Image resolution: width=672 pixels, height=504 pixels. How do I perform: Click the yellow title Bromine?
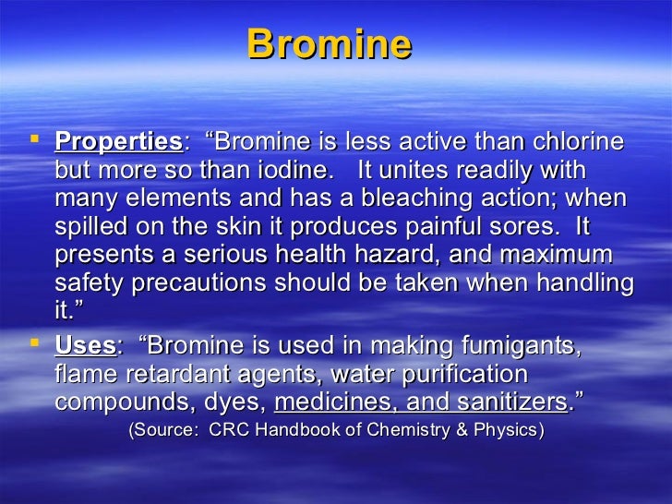click(x=329, y=45)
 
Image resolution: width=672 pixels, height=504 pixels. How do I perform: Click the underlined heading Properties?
click(x=119, y=143)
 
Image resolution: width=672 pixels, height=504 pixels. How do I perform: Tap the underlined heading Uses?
click(x=85, y=346)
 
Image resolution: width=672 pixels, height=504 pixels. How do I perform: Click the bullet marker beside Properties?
click(x=36, y=141)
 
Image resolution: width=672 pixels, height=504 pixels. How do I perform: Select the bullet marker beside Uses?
click(x=36, y=344)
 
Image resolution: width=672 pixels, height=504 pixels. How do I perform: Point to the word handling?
click(x=581, y=283)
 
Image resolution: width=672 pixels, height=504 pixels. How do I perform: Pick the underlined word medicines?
click(x=327, y=402)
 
